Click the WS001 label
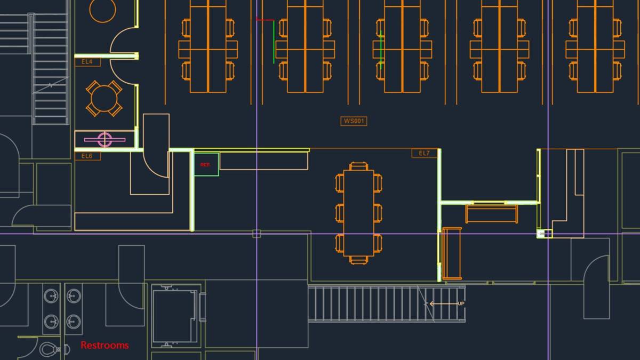354,121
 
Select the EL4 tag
87,62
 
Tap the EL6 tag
87,156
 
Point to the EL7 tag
424,154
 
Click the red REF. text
205,165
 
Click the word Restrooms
105,346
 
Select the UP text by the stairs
461,303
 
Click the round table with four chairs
105,99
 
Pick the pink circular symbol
105,140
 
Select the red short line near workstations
265,20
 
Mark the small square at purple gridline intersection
257,234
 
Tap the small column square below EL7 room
544,234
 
